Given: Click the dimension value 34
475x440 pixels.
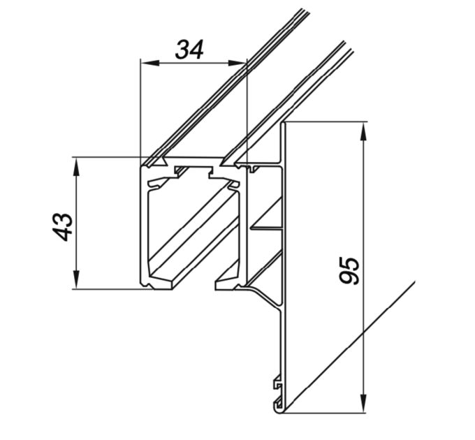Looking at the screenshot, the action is point(189,49).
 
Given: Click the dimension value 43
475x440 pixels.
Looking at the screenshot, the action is point(62,227).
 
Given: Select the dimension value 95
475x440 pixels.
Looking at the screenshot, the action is point(349,270).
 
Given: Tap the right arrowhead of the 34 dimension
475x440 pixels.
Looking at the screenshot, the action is point(237,63).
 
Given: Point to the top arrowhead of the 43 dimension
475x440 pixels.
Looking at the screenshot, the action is point(76,166).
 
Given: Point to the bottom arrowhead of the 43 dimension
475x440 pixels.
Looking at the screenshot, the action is point(76,279).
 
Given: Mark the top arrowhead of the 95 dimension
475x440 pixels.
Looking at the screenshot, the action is point(364,131).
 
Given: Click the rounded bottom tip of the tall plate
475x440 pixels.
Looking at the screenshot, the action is point(281,411).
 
